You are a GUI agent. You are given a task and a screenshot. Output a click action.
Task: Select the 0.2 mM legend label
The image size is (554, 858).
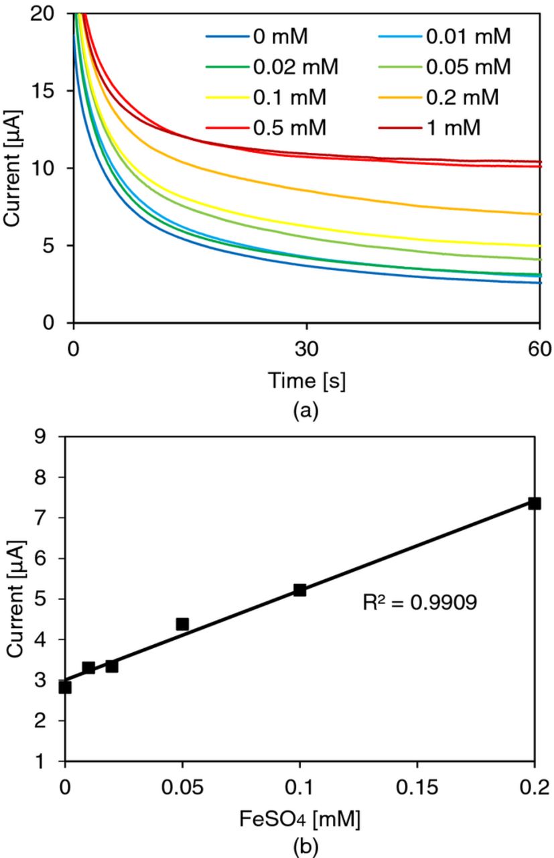click(x=463, y=97)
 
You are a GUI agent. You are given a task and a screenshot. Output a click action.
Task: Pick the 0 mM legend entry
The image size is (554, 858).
click(x=281, y=37)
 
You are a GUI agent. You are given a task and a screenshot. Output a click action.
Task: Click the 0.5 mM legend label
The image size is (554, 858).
click(x=289, y=127)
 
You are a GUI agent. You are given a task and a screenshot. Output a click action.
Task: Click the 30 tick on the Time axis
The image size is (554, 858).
click(x=307, y=349)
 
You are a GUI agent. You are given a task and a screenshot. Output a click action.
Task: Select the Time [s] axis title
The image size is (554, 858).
click(x=307, y=381)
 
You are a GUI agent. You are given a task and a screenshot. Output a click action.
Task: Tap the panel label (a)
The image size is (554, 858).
click(x=307, y=410)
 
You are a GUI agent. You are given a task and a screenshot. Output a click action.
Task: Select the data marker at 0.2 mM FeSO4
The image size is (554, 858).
click(x=534, y=503)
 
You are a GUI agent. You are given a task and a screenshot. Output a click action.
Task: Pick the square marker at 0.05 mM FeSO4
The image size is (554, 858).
click(x=182, y=624)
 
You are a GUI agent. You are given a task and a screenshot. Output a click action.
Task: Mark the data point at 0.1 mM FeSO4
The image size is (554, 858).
click(x=299, y=590)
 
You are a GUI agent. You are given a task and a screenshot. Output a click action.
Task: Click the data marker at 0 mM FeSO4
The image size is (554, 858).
click(x=65, y=687)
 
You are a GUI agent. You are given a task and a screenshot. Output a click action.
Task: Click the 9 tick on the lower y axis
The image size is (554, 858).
click(x=52, y=436)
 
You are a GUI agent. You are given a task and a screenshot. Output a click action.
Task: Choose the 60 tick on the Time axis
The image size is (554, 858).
click(x=539, y=349)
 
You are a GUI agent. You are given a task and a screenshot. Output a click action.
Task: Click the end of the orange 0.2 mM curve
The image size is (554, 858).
click(x=539, y=214)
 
